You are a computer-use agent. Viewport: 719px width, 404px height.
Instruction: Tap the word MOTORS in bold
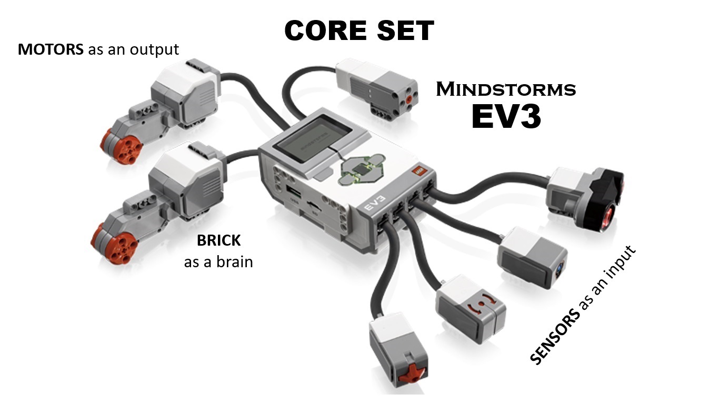click(50, 49)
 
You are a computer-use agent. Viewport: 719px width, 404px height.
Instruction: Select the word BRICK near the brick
click(218, 241)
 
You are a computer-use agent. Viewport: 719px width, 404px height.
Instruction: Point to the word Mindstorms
click(506, 89)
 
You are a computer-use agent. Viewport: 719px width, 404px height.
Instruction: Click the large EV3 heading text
click(506, 116)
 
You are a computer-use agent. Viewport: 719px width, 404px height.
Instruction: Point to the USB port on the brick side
click(292, 190)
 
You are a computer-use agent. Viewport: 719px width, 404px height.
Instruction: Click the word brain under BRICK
click(236, 261)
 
